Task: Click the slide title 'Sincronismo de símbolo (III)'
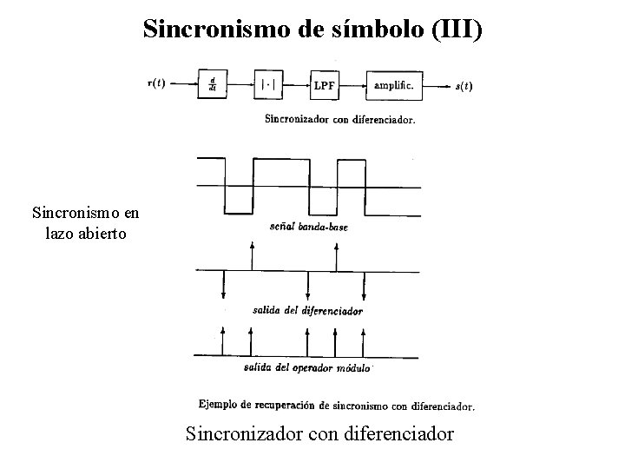312,29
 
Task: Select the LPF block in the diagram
325,84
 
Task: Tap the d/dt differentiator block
212,84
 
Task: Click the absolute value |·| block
269,84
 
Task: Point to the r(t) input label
159,83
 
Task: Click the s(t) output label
464,85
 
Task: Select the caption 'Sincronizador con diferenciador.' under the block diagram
339,120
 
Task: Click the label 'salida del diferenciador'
307,310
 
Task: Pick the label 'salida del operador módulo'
308,367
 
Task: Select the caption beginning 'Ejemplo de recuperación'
337,405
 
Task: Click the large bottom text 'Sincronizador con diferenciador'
319,432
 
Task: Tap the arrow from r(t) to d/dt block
184,84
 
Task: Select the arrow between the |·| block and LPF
297,84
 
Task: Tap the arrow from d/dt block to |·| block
240,84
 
